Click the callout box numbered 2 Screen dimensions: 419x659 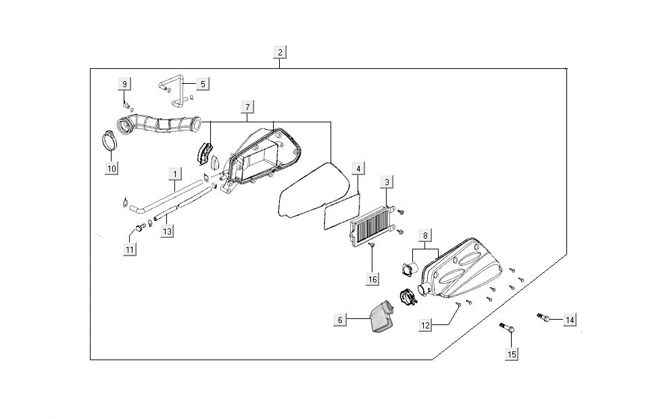point(280,52)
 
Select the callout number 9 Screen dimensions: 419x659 point(124,84)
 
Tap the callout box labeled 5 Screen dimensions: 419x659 point(202,84)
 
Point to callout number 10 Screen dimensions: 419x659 point(112,168)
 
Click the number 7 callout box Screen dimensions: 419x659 point(248,107)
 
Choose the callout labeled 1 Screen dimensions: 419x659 point(174,174)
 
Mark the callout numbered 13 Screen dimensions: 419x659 point(166,232)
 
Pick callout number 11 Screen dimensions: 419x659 point(129,249)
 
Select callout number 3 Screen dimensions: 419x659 point(386,182)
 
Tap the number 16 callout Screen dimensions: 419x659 point(372,278)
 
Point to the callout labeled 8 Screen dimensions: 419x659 point(425,236)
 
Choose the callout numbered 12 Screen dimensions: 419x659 point(425,326)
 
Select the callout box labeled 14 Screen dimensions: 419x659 point(570,320)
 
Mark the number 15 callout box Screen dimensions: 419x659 point(511,353)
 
